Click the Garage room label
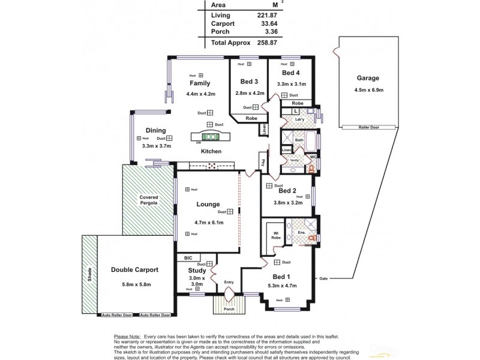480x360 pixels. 368,78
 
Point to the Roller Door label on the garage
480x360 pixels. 368,127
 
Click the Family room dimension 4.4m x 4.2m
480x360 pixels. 200,94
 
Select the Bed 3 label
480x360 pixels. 249,81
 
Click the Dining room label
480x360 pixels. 155,130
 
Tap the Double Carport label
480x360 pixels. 130,269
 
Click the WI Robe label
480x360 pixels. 275,235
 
